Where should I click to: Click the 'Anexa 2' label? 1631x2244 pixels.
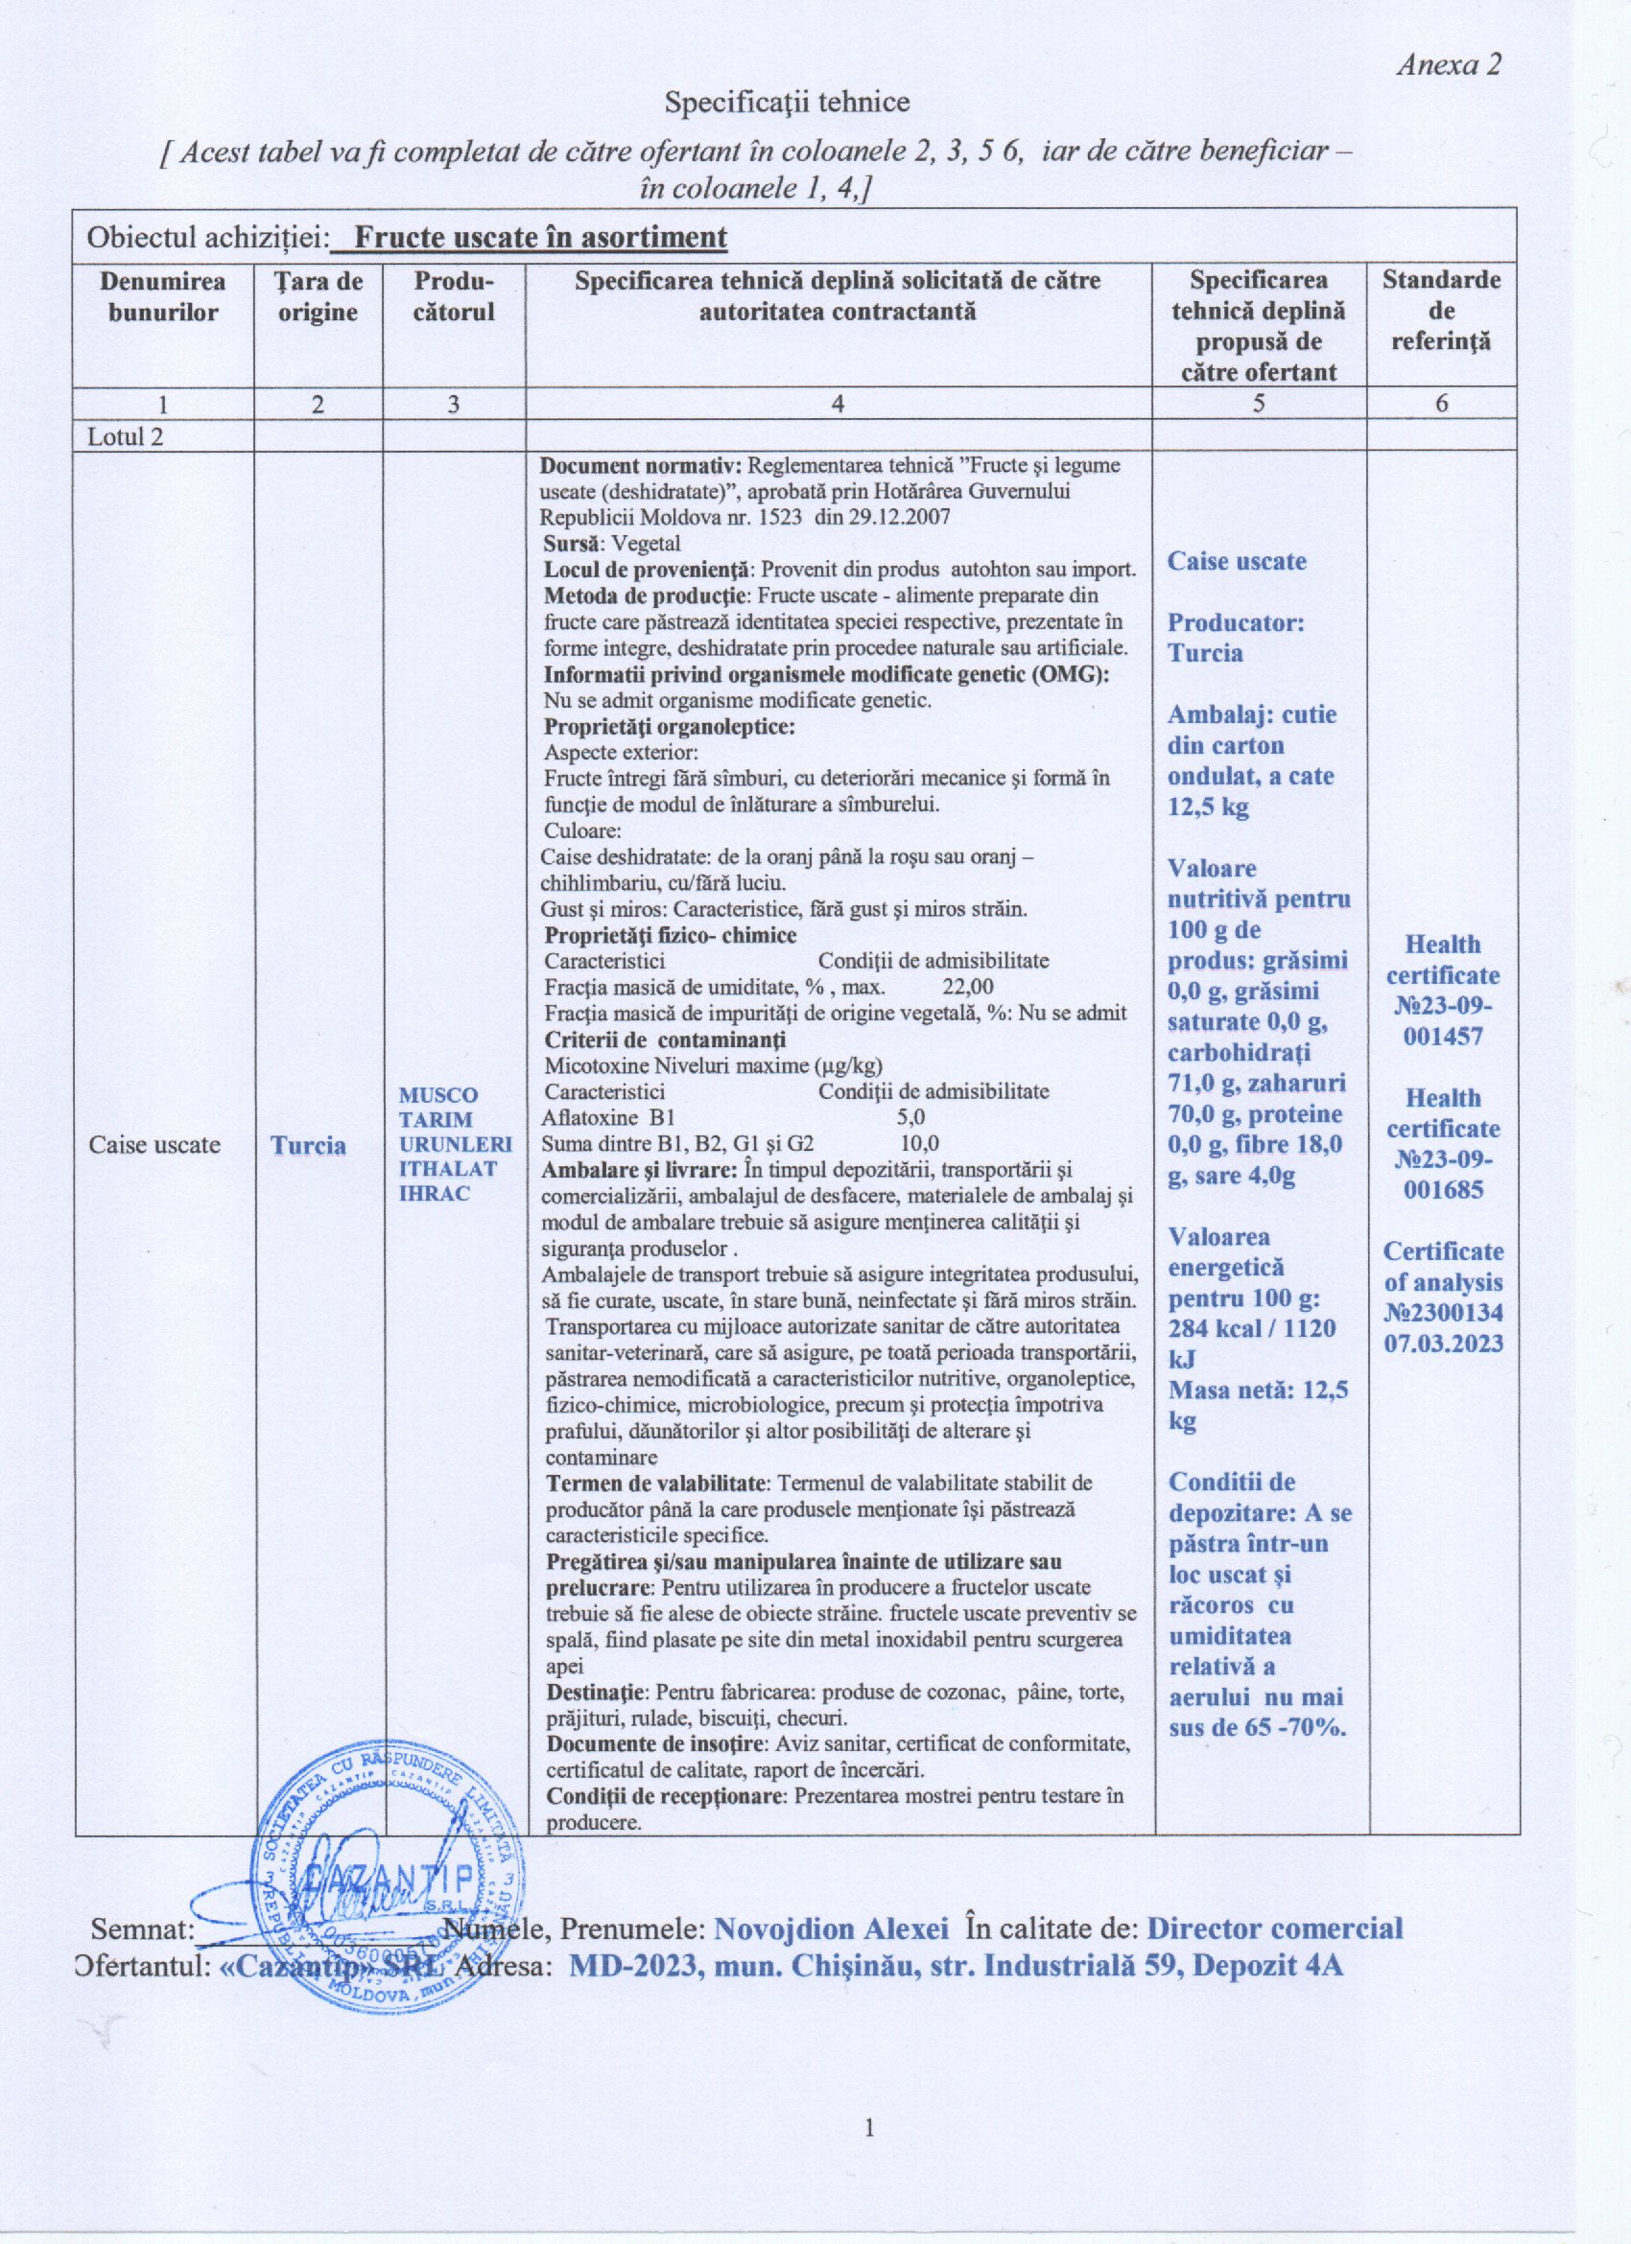click(1448, 65)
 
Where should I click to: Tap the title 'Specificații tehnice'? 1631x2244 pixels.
click(786, 102)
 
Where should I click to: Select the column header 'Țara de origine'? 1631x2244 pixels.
click(318, 297)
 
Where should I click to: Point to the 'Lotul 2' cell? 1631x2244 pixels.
click(126, 436)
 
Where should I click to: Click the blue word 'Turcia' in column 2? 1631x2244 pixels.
click(309, 1146)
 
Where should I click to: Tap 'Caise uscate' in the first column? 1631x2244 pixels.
click(154, 1145)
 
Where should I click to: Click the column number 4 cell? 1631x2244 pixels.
click(839, 403)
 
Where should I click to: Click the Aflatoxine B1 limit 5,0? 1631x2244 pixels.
click(910, 1117)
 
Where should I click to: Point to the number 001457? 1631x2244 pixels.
click(1443, 1036)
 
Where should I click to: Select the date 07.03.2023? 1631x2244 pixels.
click(1443, 1344)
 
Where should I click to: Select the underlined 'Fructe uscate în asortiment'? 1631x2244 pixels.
click(539, 238)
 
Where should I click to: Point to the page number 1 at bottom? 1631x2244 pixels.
click(869, 2153)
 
